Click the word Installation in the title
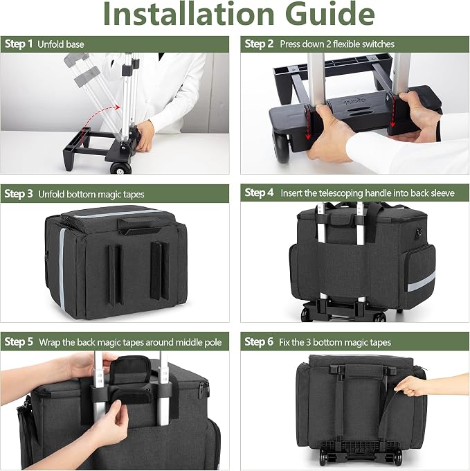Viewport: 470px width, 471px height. point(188,14)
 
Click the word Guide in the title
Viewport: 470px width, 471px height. point(330,14)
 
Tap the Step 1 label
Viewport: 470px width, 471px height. point(19,44)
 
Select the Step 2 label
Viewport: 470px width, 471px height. point(259,44)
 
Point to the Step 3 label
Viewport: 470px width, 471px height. point(19,194)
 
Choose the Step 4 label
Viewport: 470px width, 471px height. point(259,193)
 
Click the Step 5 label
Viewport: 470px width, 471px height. point(19,342)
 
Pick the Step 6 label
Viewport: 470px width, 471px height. point(259,342)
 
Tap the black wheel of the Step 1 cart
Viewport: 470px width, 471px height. point(121,168)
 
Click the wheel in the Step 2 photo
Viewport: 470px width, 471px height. point(281,146)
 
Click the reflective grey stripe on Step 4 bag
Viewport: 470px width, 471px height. point(421,283)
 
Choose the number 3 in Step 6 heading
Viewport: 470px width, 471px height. point(308,342)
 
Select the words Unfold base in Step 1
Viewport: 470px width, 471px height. point(61,44)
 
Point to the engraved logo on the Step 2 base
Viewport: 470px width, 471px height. point(354,101)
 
